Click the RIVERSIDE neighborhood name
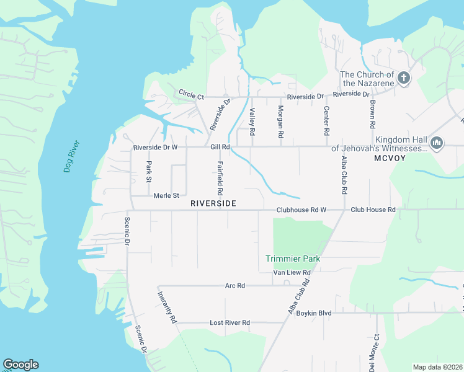click(213, 203)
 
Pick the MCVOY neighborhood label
click(390, 158)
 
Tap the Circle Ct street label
click(191, 94)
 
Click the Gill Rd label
click(220, 148)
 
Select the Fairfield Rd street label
click(220, 179)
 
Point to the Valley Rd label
click(252, 122)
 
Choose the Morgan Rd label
click(280, 122)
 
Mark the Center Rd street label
click(326, 121)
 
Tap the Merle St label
click(166, 195)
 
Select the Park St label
click(149, 172)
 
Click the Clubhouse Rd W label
click(301, 210)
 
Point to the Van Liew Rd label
click(292, 272)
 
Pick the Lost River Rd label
click(230, 323)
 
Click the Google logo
click(20, 365)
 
